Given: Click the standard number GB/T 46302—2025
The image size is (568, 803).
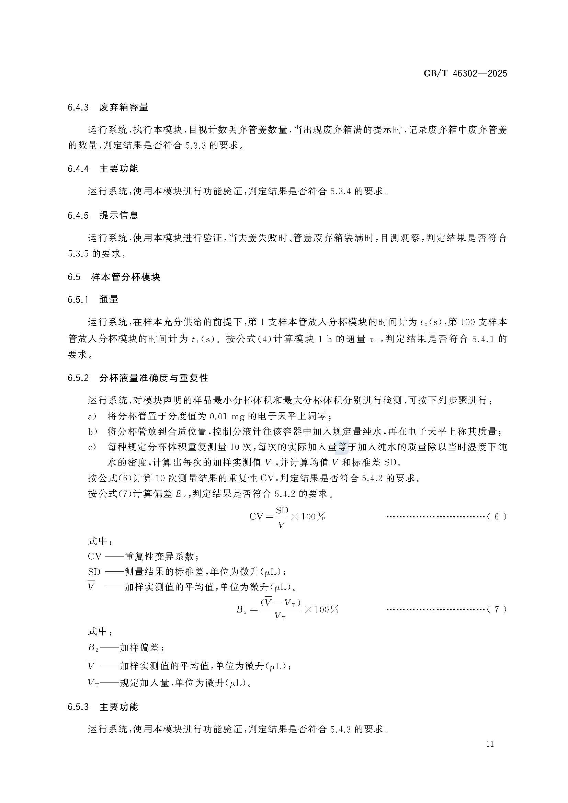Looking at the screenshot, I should (x=465, y=74).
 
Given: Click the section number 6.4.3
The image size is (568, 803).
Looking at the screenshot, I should (x=78, y=107).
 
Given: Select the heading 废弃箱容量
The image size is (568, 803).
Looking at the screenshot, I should (x=124, y=107).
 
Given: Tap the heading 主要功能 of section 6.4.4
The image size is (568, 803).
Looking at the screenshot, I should (x=119, y=169).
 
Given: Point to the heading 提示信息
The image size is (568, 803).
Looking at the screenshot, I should (x=119, y=215).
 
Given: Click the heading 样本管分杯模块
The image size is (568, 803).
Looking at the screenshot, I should (x=126, y=277).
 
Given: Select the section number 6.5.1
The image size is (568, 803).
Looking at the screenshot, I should (x=78, y=300).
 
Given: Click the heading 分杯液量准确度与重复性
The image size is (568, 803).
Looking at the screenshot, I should (x=154, y=378).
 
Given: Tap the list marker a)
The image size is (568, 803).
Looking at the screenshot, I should (x=92, y=416).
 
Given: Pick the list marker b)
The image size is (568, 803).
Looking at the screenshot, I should (x=92, y=432).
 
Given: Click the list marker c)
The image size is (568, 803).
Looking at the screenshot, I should (x=92, y=447).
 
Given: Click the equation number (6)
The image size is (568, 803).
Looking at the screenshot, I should (x=497, y=517).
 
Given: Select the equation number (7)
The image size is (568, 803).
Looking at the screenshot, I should (x=497, y=609).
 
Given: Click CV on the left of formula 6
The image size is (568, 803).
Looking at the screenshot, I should (x=256, y=517).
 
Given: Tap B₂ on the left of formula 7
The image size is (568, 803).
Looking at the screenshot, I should (x=242, y=610).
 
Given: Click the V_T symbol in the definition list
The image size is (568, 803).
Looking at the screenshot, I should (x=93, y=683).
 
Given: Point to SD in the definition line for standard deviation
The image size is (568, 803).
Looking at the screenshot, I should (x=94, y=572).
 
